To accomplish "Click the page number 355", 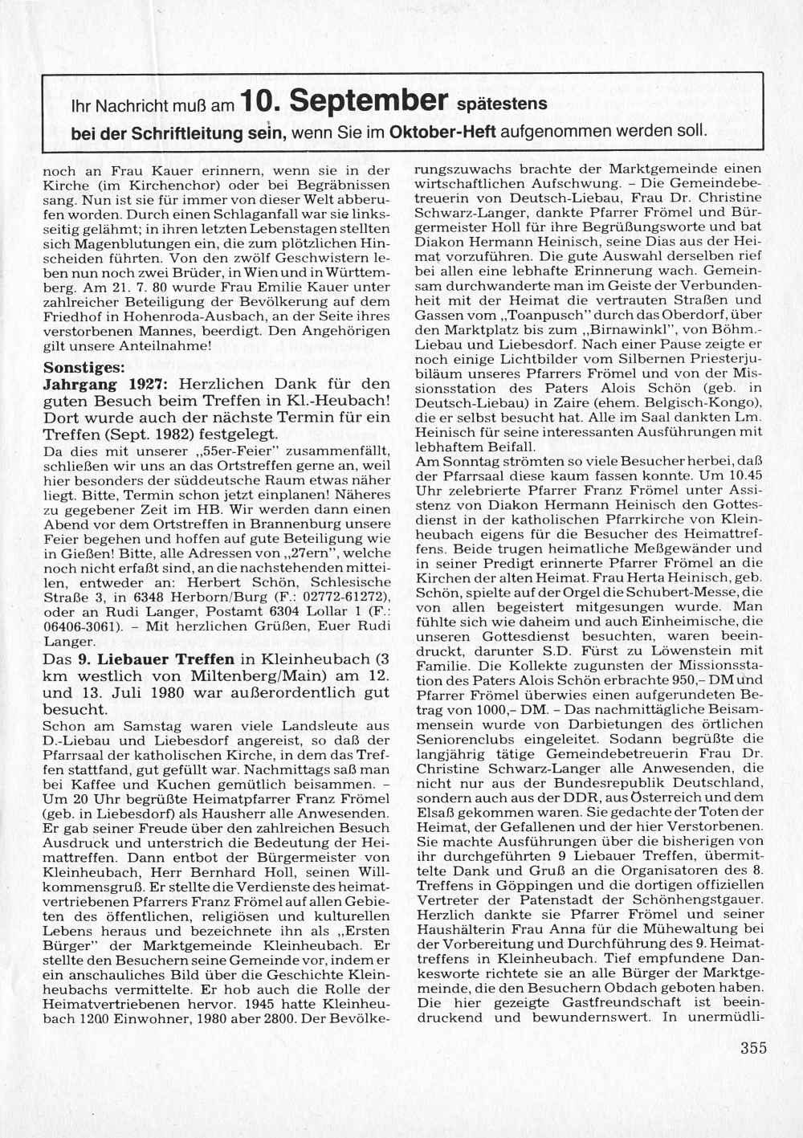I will click(753, 1047).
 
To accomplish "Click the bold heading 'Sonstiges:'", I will click(84, 369).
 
